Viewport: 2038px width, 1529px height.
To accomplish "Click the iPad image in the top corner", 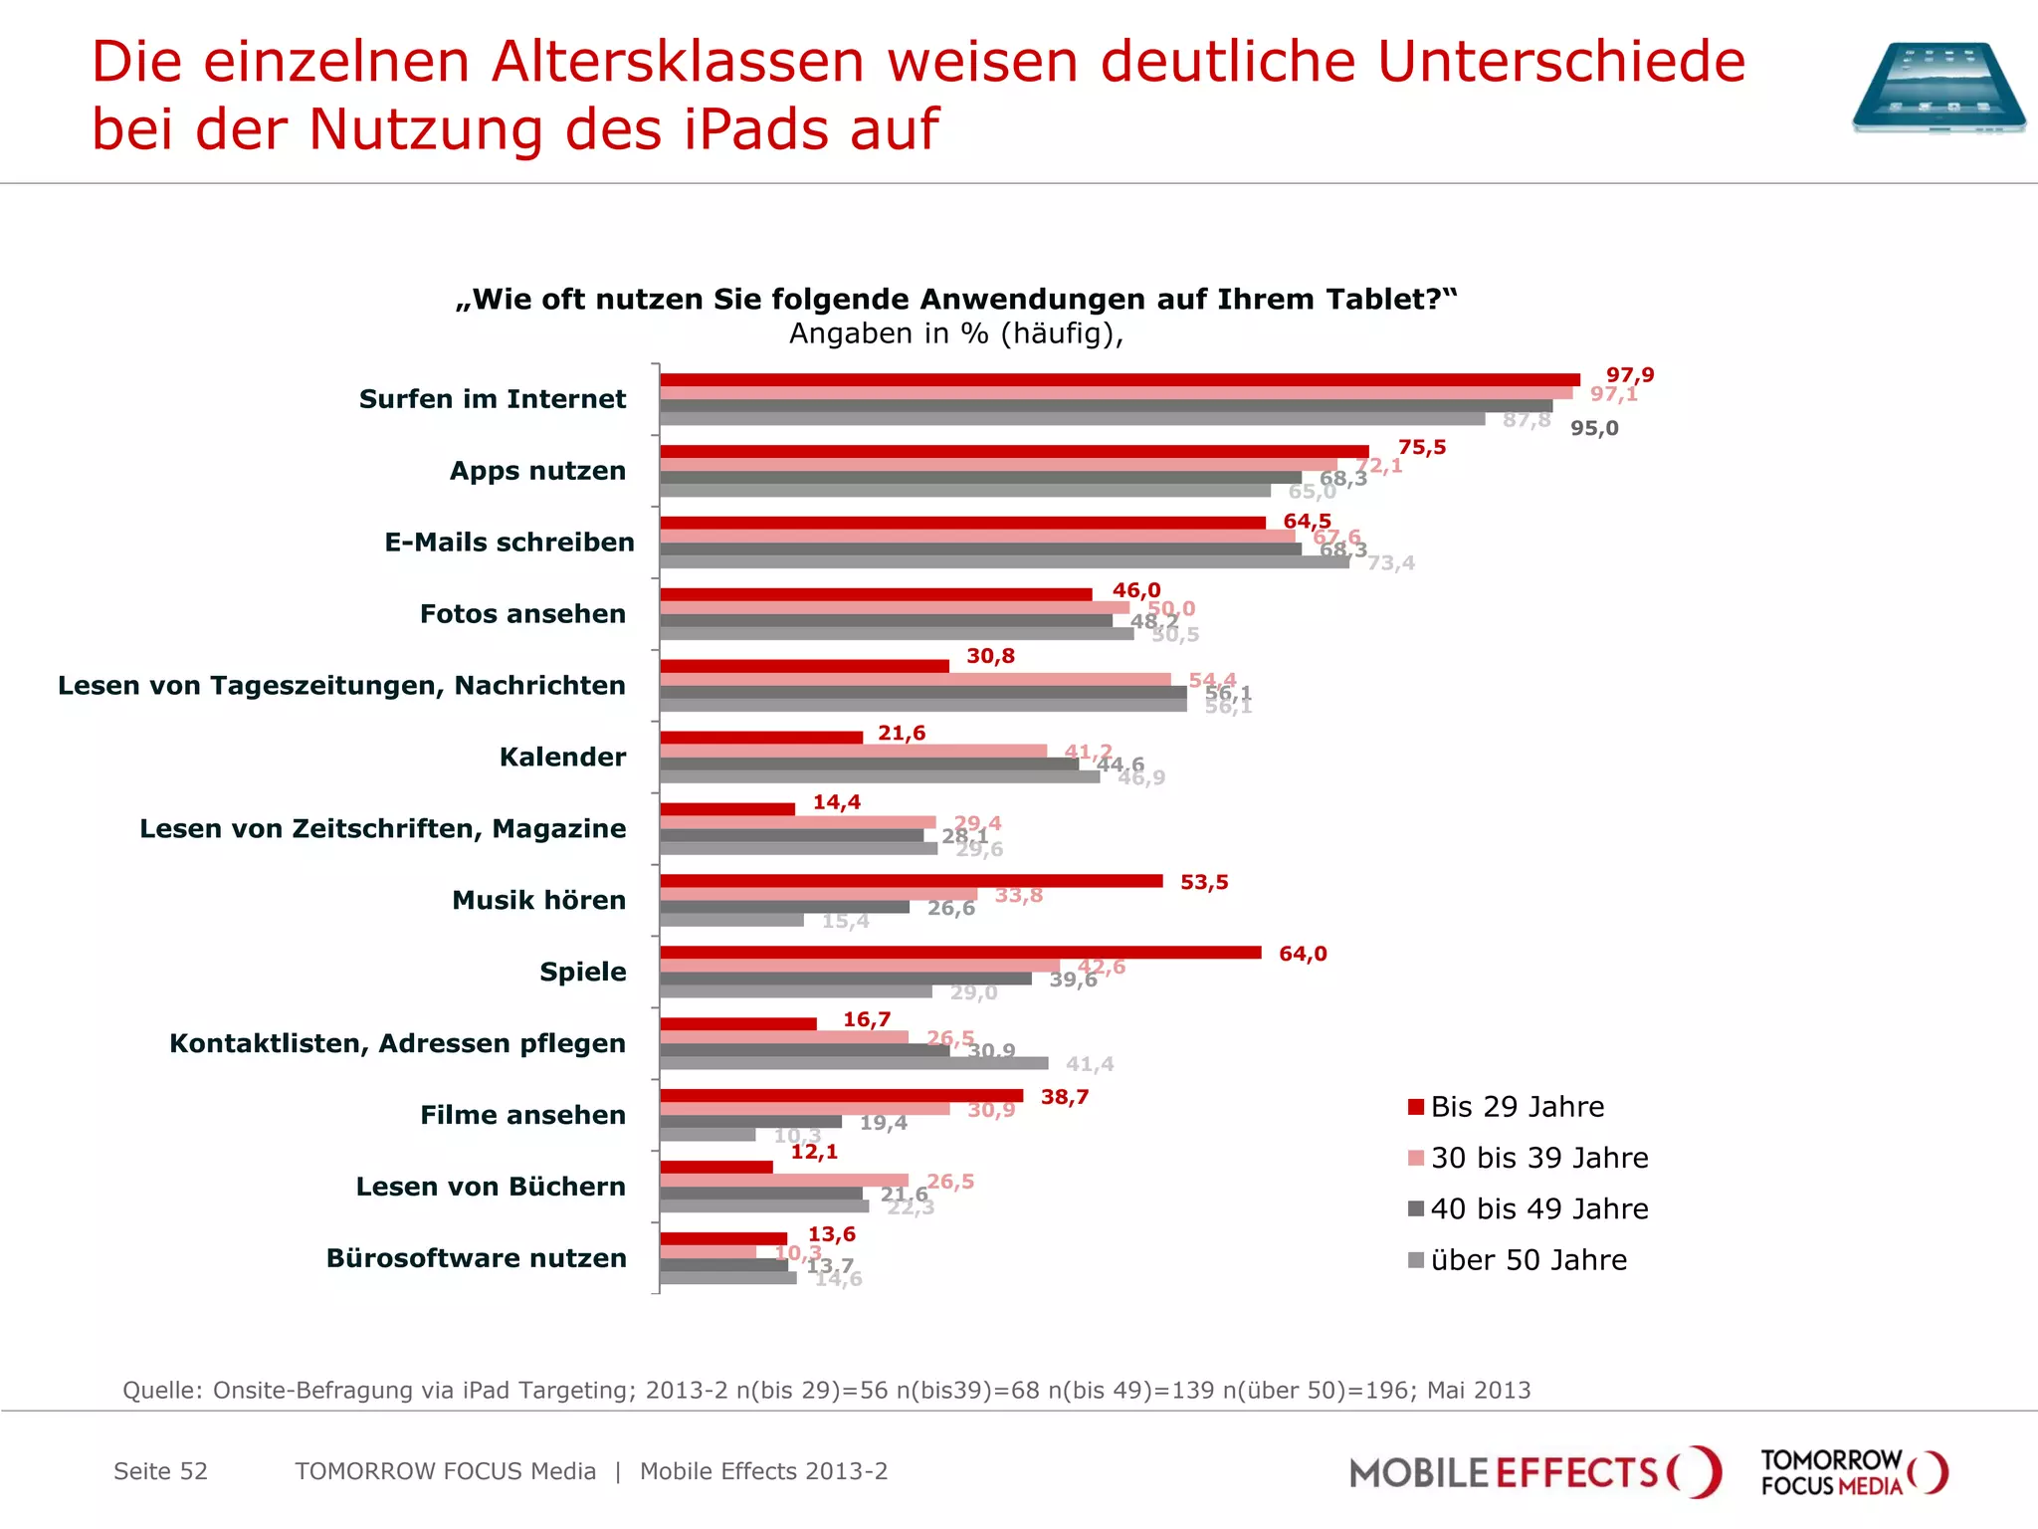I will (1937, 88).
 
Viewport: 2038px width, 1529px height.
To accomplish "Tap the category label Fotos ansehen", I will (522, 614).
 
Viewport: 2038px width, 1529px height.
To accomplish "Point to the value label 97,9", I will (1629, 375).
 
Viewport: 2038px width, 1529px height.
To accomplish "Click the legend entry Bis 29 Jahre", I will (1517, 1107).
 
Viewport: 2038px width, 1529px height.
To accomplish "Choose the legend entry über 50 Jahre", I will (1528, 1260).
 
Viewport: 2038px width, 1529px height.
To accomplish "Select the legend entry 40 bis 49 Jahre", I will (1538, 1209).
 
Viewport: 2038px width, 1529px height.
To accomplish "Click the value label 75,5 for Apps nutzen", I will (1421, 448).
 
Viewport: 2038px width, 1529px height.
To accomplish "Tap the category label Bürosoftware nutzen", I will (477, 1258).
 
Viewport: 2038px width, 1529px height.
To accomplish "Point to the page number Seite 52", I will (160, 1471).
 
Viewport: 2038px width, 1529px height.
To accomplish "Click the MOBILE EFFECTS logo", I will (1532, 1472).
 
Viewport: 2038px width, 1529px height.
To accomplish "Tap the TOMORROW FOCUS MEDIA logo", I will (1853, 1472).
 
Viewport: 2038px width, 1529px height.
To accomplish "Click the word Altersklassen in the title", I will (678, 62).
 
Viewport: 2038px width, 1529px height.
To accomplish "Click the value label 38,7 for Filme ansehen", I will (1064, 1097).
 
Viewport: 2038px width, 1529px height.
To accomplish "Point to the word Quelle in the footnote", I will (162, 1391).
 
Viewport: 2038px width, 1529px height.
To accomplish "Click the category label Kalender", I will (562, 758).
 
